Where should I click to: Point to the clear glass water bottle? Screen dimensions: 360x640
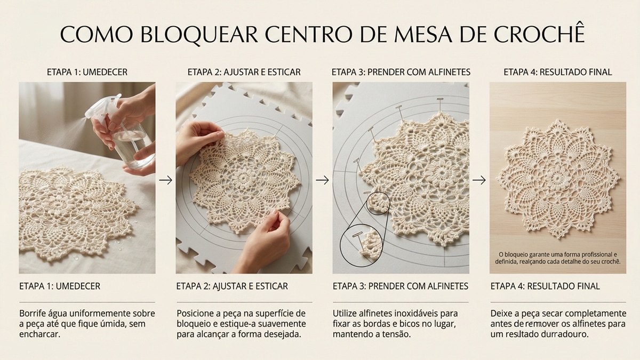click(x=131, y=144)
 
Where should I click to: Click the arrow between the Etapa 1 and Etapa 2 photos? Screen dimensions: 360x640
click(x=166, y=180)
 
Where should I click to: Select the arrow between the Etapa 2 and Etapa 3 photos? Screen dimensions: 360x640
click(x=322, y=180)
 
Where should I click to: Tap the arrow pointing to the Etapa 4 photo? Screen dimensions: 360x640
click(x=479, y=180)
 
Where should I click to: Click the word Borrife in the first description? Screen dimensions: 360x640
click(x=34, y=313)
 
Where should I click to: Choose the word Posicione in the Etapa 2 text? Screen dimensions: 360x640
click(x=197, y=313)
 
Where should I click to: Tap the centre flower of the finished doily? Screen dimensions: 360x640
click(x=558, y=177)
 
